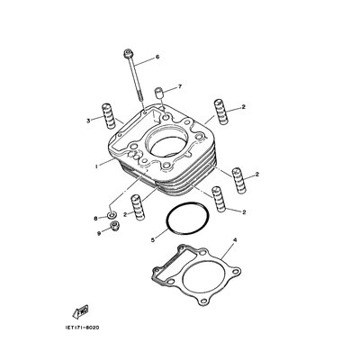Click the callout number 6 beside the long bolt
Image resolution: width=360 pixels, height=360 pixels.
(x=157, y=57)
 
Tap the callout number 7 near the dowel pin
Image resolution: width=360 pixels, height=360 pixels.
(x=180, y=86)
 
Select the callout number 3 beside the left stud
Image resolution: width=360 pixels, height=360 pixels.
(x=88, y=121)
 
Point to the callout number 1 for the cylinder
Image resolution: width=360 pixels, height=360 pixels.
(x=96, y=166)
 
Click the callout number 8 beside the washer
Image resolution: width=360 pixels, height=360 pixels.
(x=96, y=219)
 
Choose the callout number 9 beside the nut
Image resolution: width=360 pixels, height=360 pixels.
(x=99, y=234)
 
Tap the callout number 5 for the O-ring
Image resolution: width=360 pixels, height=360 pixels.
(x=153, y=240)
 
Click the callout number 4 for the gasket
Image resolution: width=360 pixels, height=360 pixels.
(x=235, y=240)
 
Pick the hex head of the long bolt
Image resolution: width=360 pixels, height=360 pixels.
(x=128, y=54)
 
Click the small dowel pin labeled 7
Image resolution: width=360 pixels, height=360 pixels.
(x=159, y=93)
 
